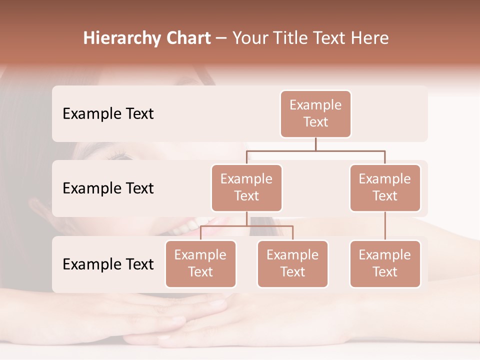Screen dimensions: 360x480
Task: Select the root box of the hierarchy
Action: pos(315,113)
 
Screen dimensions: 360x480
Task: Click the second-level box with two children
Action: pos(246,187)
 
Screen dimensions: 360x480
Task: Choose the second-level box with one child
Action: pos(385,187)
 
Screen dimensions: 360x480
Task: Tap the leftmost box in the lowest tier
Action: pos(200,263)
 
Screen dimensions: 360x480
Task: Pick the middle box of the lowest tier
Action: pos(292,263)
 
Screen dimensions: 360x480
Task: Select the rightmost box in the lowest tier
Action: pos(385,263)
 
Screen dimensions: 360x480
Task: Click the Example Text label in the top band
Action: pos(108,113)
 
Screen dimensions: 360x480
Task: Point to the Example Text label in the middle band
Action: pos(108,188)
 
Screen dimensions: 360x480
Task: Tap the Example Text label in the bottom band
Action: pos(108,264)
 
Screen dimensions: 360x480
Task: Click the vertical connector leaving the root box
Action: pos(315,144)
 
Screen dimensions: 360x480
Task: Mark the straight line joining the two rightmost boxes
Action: pos(385,225)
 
